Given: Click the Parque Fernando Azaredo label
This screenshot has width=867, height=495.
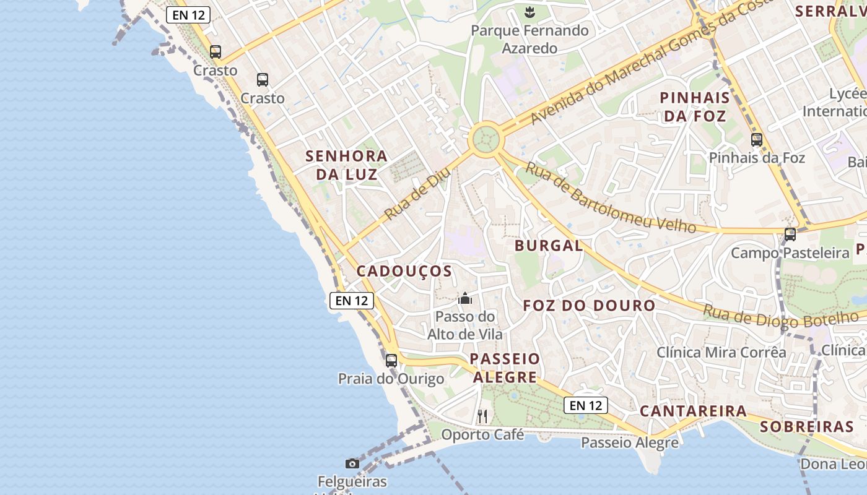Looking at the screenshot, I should (x=529, y=39).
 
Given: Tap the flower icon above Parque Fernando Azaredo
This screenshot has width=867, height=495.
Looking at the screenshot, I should (x=529, y=12).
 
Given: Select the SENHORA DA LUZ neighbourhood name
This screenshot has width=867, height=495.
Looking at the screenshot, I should (x=346, y=165).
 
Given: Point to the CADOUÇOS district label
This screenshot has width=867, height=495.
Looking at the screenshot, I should (x=404, y=271).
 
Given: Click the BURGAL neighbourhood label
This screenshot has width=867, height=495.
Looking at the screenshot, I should (x=549, y=246).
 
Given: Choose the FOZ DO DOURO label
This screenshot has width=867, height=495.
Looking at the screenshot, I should (x=589, y=306).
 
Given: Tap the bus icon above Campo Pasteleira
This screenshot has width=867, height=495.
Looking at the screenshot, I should (x=790, y=235).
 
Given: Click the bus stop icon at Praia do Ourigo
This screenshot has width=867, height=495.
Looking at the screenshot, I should (x=391, y=361).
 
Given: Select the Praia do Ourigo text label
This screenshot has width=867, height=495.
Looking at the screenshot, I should (x=391, y=379).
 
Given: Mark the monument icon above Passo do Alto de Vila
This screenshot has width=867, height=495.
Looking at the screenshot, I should (x=465, y=299).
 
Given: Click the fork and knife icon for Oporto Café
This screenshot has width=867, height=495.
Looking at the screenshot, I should (x=482, y=416).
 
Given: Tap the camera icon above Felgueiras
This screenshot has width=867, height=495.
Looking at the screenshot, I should (x=352, y=463).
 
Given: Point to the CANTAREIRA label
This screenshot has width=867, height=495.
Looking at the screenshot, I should (x=693, y=411).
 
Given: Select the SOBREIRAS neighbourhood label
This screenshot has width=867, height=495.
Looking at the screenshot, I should (x=806, y=426).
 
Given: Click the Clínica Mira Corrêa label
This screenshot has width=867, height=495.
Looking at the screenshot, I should (x=721, y=353).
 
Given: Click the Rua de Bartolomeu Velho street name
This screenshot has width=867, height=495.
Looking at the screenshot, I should (x=610, y=197).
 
